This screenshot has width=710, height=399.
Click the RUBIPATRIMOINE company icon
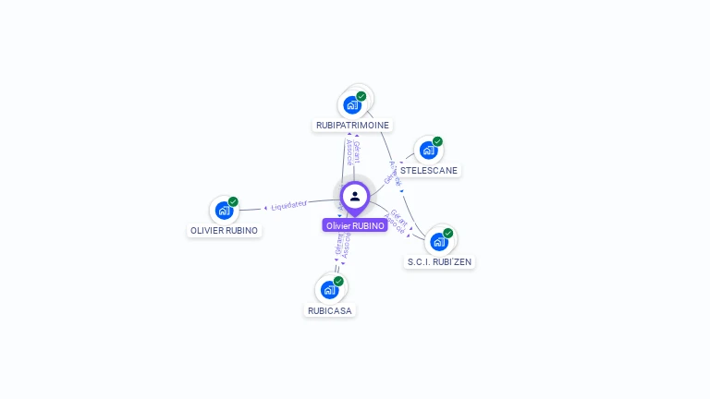[352, 104]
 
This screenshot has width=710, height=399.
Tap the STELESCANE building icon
[427, 150]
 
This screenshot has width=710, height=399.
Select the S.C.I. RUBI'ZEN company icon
[438, 242]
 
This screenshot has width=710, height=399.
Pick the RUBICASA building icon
[329, 289]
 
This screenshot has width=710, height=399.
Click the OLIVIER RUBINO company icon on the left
[224, 210]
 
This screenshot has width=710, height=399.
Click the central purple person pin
[355, 197]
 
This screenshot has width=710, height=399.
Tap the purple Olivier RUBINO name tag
[355, 225]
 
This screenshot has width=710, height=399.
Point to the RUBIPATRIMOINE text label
[352, 125]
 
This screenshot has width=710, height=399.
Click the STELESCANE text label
[429, 170]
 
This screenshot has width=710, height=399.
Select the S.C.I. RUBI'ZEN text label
[440, 262]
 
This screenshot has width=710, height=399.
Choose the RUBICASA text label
[330, 310]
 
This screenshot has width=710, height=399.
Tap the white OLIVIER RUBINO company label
[225, 230]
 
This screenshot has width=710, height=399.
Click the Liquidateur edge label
[288, 203]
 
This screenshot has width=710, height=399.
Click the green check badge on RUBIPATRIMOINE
[361, 96]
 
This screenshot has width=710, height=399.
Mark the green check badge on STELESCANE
[437, 141]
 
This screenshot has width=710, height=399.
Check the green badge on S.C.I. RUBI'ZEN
[448, 233]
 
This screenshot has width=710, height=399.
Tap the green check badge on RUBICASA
[339, 281]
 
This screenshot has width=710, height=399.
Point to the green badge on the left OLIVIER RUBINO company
[234, 201]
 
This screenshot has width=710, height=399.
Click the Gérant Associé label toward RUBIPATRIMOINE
[352, 153]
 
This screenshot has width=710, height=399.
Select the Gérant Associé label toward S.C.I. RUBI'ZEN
[396, 222]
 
